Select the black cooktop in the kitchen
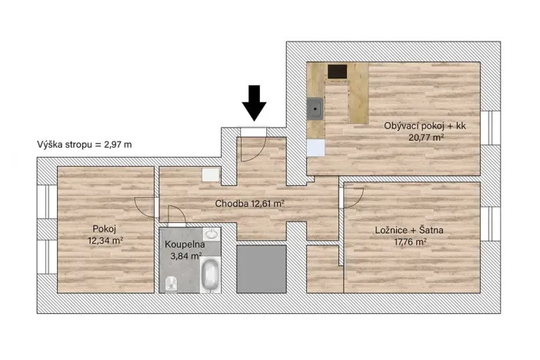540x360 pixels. coord(338,72)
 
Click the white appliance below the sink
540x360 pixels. coord(315,147)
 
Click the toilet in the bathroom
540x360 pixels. coord(171,285)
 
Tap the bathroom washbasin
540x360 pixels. coord(211,235)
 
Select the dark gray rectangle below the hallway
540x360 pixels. coord(261,268)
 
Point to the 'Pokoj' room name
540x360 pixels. coord(105,229)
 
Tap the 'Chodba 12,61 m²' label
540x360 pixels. coord(250,204)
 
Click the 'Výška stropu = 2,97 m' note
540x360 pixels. coord(84,144)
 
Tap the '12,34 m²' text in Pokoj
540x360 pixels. coord(105,241)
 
